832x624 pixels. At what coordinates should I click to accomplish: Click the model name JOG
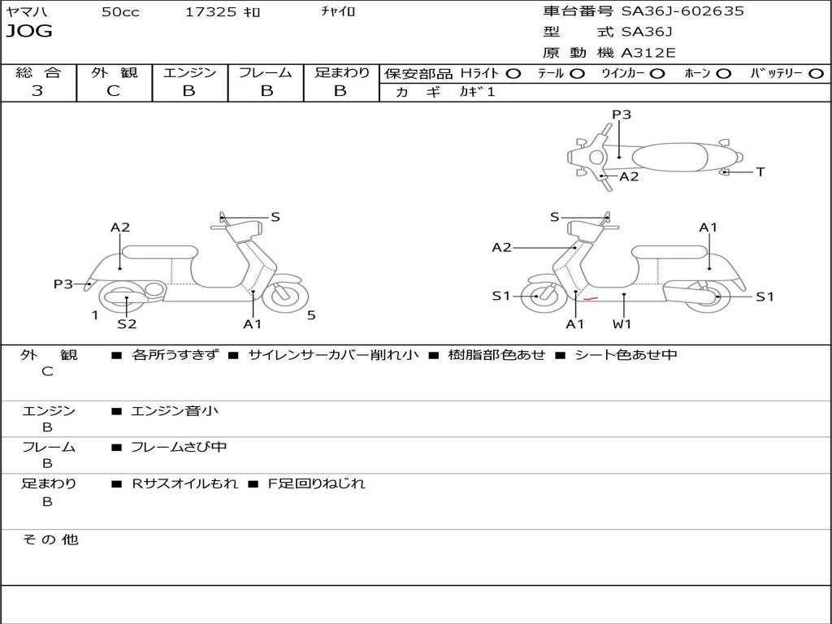click(29, 31)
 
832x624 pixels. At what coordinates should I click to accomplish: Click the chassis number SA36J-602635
click(682, 11)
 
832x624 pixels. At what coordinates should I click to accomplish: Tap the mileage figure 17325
click(210, 11)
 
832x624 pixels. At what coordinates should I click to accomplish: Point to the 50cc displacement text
click(120, 11)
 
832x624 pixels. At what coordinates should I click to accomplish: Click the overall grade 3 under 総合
click(37, 90)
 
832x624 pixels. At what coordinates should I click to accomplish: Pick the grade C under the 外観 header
click(113, 90)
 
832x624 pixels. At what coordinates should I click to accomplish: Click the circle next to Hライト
click(513, 74)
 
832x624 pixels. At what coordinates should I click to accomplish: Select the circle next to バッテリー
click(816, 74)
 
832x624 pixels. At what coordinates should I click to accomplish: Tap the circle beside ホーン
click(723, 74)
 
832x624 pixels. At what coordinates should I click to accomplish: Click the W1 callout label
click(622, 323)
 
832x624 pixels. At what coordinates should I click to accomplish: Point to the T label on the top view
click(760, 172)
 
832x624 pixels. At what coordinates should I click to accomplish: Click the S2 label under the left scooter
click(127, 323)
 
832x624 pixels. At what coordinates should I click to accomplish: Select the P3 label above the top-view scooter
click(622, 114)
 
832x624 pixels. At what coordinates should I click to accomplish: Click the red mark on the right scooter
click(591, 299)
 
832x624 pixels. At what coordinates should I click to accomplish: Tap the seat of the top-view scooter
click(669, 158)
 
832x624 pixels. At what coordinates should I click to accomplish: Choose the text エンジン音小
click(175, 410)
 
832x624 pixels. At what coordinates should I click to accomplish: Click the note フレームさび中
click(179, 447)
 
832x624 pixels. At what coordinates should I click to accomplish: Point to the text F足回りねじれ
click(316, 483)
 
